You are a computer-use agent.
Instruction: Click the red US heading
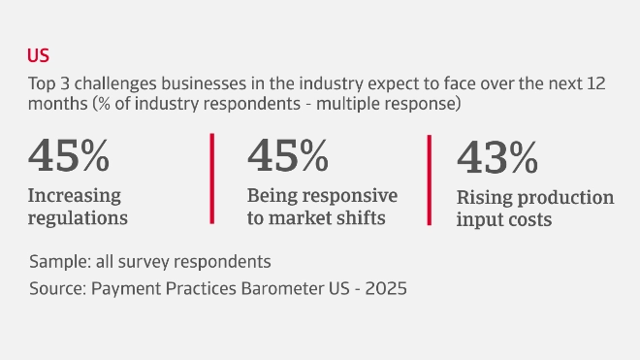click(39, 54)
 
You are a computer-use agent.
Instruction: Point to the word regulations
click(79, 217)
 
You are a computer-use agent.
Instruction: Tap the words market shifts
click(328, 217)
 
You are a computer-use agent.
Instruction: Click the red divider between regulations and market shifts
click(212, 179)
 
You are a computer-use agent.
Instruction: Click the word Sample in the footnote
click(57, 262)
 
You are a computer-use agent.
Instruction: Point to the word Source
click(56, 288)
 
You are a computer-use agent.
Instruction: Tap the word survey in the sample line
click(142, 262)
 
